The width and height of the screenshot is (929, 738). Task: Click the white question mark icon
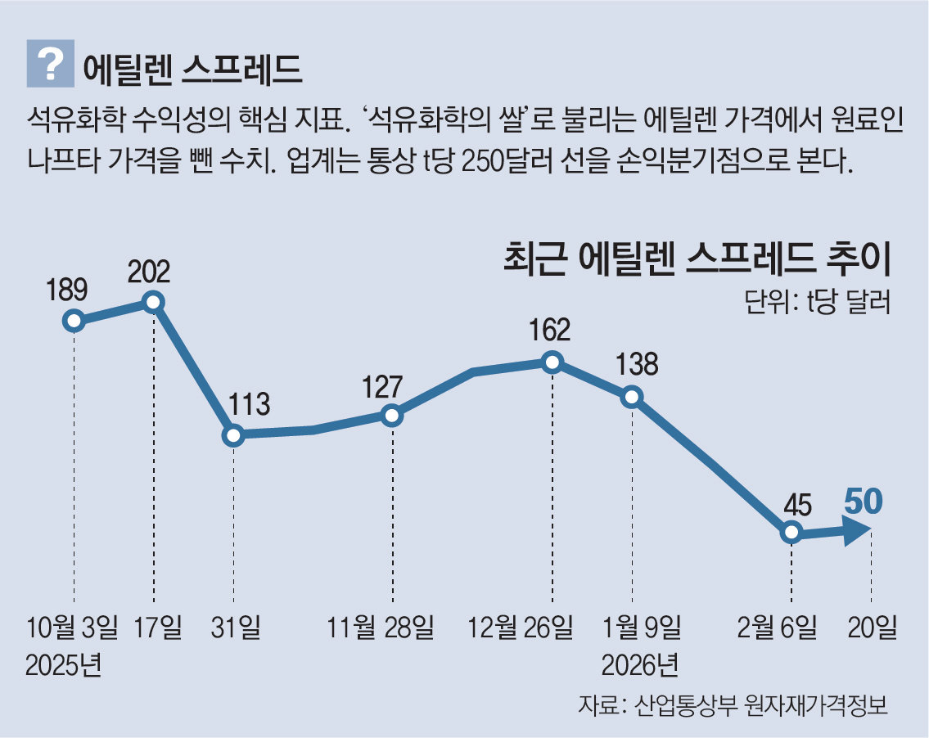pyautogui.click(x=51, y=63)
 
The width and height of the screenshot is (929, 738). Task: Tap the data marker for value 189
pyautogui.click(x=74, y=321)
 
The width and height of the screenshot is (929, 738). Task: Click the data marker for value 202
pyautogui.click(x=153, y=302)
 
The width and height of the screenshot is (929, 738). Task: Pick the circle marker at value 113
pyautogui.click(x=234, y=434)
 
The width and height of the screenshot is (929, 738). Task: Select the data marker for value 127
pyautogui.click(x=392, y=415)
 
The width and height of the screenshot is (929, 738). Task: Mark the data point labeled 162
pyautogui.click(x=552, y=362)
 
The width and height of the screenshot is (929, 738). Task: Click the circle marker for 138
pyautogui.click(x=632, y=397)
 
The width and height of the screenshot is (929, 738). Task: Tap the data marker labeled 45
pyautogui.click(x=791, y=533)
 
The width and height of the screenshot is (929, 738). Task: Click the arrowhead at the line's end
pyautogui.click(x=857, y=532)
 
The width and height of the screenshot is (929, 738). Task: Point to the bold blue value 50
pyautogui.click(x=864, y=501)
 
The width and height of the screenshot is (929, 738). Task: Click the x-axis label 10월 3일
pyautogui.click(x=72, y=628)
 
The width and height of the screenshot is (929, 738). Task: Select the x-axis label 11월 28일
pyautogui.click(x=381, y=628)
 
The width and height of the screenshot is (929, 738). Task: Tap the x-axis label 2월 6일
pyautogui.click(x=776, y=628)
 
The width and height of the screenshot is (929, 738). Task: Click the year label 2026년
pyautogui.click(x=639, y=664)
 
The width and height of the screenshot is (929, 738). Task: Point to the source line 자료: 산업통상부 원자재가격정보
pyautogui.click(x=733, y=705)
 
